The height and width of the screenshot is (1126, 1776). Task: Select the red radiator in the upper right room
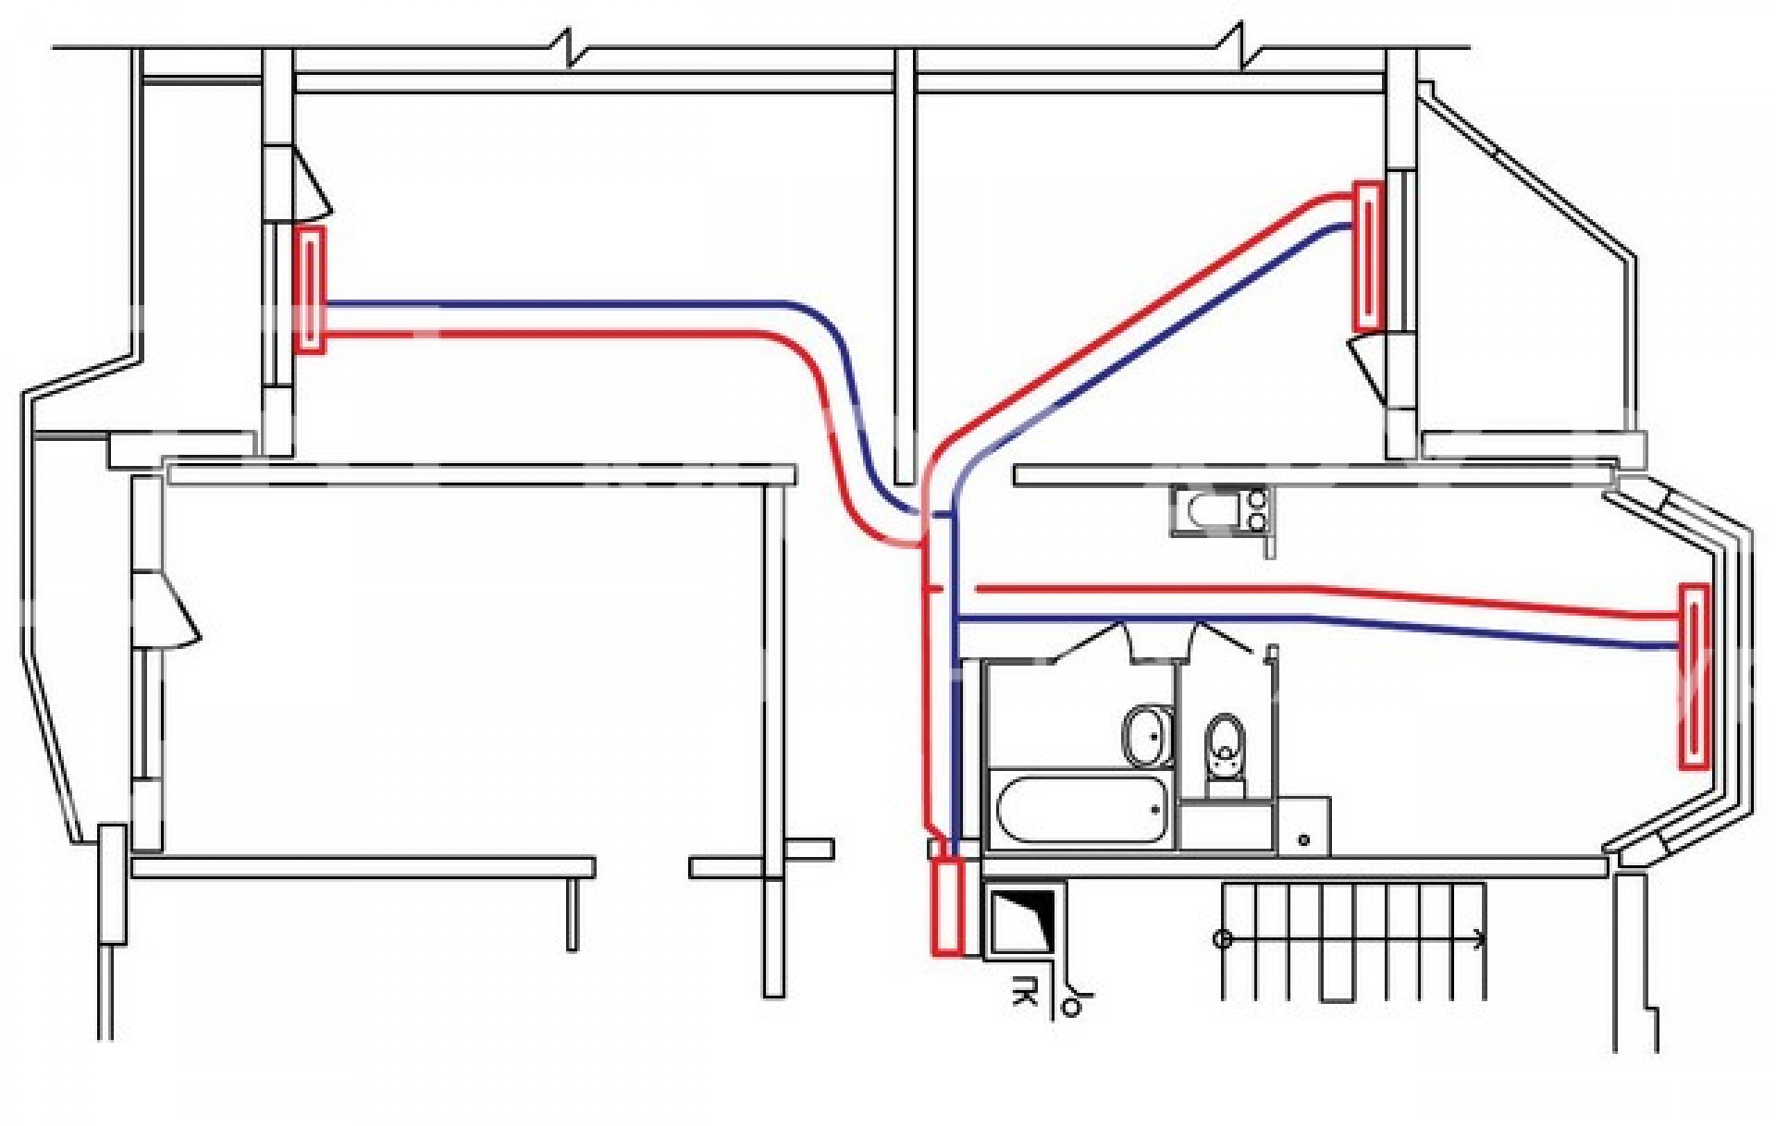coord(1368,257)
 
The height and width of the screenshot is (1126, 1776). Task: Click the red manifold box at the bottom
coord(947,906)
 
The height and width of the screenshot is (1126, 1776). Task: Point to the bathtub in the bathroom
coord(1079,810)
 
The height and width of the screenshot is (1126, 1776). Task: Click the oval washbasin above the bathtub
coord(1148,736)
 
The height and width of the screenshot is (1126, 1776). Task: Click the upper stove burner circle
coord(1258,499)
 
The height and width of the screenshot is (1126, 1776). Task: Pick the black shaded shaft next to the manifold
coord(1025,920)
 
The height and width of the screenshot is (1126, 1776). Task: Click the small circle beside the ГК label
coord(1071,1007)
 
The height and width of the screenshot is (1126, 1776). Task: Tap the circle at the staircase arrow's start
coord(1222,940)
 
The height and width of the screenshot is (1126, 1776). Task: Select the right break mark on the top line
coord(1238,44)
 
